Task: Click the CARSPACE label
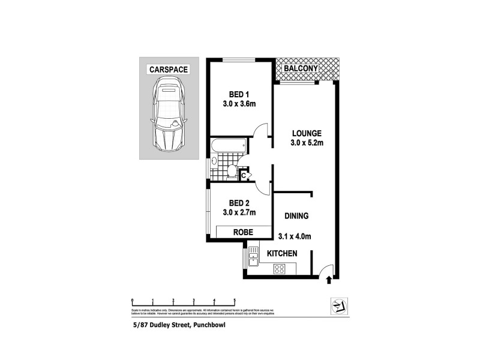tap(169, 70)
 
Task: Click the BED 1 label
tap(238, 94)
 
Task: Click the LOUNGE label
tap(307, 133)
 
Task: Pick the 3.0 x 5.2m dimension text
tap(307, 143)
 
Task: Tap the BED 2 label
tap(238, 202)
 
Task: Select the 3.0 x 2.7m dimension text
tap(238, 212)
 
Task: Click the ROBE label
tap(239, 232)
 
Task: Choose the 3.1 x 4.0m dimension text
tap(295, 236)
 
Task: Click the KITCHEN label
tap(282, 254)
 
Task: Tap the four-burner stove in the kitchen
tap(280, 269)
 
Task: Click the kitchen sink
tap(253, 260)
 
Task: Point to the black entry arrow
tap(328, 278)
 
